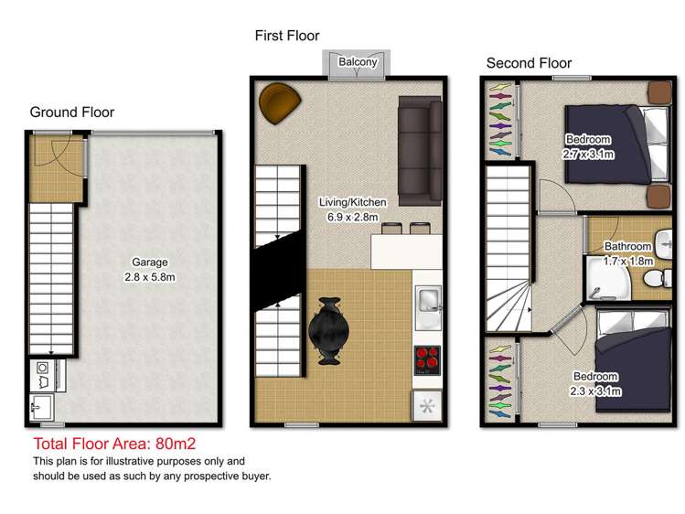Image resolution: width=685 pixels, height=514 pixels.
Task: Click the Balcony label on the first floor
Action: tap(357, 62)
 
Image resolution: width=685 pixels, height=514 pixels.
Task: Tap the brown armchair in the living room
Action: tap(278, 102)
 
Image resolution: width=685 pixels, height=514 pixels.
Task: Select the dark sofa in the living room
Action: tap(420, 150)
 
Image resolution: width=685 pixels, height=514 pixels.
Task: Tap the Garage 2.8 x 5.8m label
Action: tap(150, 270)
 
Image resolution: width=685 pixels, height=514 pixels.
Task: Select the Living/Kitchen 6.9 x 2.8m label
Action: tap(352, 209)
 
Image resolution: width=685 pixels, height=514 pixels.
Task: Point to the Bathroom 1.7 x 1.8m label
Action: tap(628, 253)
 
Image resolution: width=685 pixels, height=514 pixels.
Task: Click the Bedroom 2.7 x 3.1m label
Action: tap(588, 146)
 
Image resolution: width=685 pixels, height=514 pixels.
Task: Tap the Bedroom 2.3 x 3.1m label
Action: tap(596, 383)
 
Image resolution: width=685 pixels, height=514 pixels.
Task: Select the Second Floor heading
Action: tap(529, 63)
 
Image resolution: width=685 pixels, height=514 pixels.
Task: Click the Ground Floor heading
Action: tap(72, 112)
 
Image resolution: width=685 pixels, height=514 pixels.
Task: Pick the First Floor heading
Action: tap(287, 36)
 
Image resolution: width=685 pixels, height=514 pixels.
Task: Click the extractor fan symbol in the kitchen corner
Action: tap(427, 403)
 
